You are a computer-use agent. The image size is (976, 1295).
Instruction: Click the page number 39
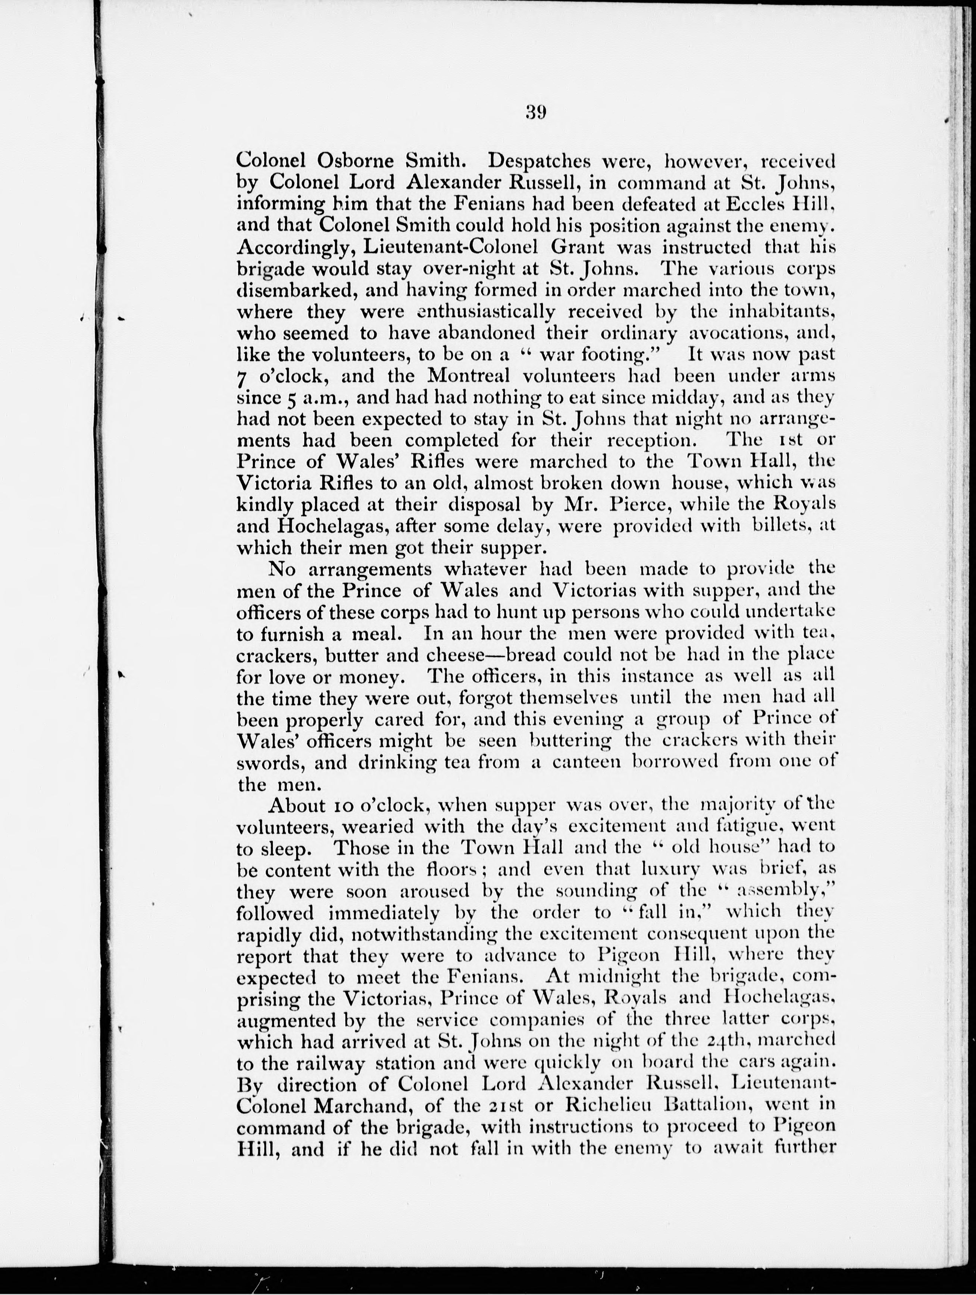(x=536, y=111)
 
